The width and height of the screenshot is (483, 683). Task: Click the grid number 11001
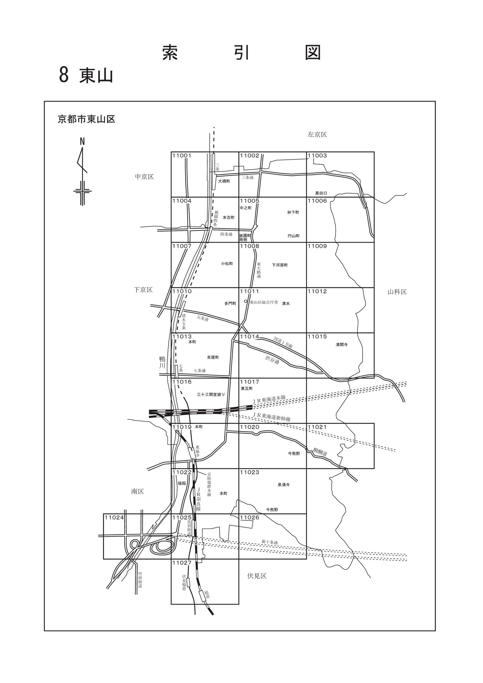point(182,156)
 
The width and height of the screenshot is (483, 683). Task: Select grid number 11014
point(250,337)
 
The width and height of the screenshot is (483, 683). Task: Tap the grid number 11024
point(114,517)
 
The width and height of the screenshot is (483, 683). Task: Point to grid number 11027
point(182,563)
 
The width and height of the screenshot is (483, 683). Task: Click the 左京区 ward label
point(317,135)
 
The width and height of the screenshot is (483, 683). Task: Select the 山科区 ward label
point(397,292)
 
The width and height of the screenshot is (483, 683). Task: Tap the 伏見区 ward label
point(257,576)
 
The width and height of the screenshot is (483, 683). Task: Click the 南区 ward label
point(137,491)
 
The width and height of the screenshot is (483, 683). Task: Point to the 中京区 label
point(144,177)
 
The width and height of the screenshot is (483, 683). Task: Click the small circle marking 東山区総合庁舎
point(246,302)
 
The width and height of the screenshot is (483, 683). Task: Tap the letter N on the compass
point(82,141)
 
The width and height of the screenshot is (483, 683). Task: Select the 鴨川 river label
point(162,362)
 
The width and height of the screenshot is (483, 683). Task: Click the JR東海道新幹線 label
point(272,417)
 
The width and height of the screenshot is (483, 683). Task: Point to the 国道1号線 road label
point(283,343)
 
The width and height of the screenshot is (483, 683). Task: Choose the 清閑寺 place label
point(342,345)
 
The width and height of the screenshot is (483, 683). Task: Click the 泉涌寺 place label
point(284,485)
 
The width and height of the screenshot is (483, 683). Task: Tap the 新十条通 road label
point(270,542)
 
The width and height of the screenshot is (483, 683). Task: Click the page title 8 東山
point(86,75)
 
